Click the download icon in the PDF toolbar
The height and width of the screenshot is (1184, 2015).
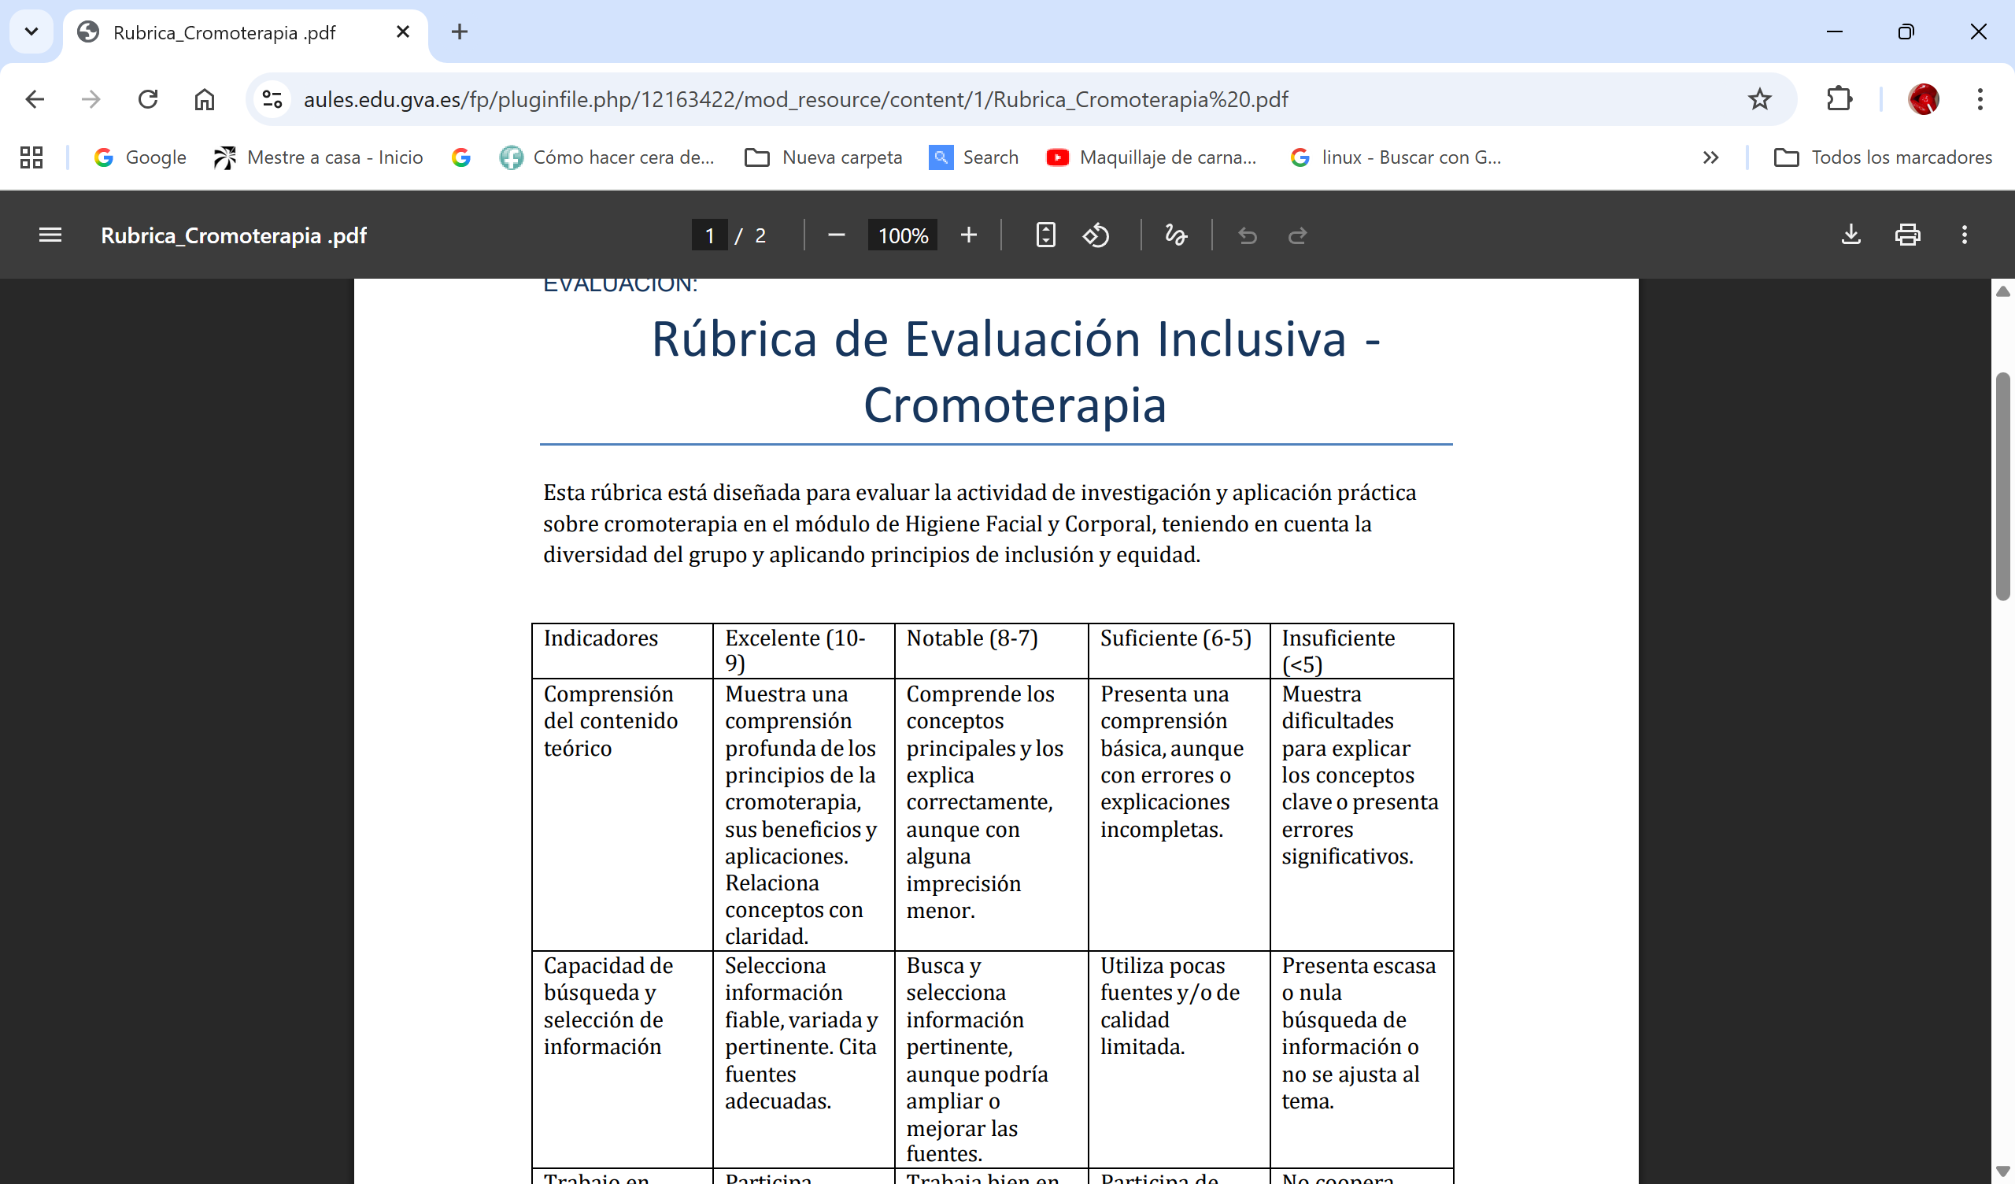(x=1850, y=235)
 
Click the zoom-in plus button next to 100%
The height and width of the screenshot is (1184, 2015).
(x=968, y=235)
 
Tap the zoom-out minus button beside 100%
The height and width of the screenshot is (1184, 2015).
(x=837, y=235)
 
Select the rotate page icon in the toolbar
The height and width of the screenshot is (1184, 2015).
(x=1096, y=235)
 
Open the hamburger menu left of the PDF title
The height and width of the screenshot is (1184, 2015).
(x=50, y=235)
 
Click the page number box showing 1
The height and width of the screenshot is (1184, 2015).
(x=709, y=235)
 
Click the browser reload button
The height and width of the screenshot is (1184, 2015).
(x=148, y=99)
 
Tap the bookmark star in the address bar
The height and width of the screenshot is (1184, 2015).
(x=1759, y=99)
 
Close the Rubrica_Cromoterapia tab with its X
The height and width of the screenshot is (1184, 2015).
(x=403, y=32)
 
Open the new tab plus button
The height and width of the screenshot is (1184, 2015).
(x=459, y=32)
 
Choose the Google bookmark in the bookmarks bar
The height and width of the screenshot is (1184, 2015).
(x=140, y=157)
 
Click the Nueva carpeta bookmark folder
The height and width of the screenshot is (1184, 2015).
(x=823, y=157)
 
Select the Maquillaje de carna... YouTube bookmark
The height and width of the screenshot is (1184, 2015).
(x=1152, y=157)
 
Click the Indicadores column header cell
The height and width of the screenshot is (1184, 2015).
(x=601, y=638)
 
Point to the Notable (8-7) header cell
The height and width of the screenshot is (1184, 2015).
(x=971, y=638)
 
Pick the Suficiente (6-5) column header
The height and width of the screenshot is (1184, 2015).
(x=1175, y=638)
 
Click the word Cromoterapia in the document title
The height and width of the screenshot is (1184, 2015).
(x=1015, y=405)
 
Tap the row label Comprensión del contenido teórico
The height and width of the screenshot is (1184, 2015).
(x=610, y=721)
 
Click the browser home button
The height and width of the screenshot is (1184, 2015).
(x=205, y=99)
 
